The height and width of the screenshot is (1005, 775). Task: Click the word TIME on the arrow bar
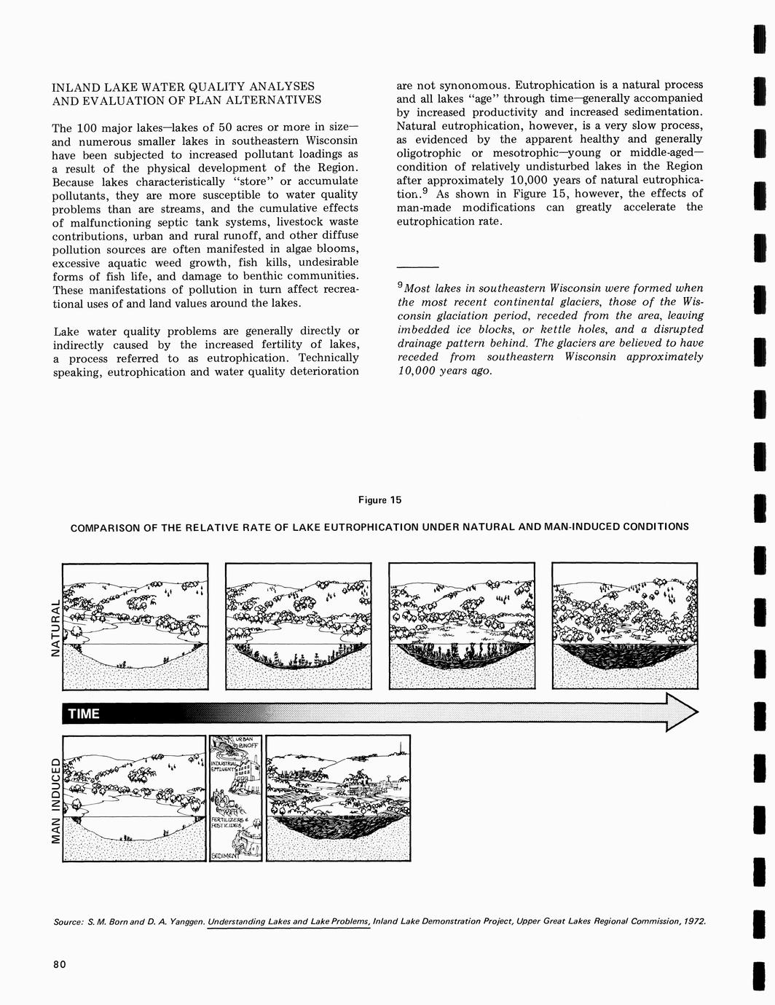83,714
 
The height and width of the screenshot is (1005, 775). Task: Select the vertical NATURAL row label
53,628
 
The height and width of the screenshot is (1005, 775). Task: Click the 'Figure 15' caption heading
379,500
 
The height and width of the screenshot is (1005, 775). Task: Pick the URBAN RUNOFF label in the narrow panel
246,742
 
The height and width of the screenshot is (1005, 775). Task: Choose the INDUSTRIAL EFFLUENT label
223,766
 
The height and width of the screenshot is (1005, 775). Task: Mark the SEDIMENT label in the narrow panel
224,856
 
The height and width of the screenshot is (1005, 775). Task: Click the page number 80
59,965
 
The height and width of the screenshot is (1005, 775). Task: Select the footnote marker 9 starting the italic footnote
400,285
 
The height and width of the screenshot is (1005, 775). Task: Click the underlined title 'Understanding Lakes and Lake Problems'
289,921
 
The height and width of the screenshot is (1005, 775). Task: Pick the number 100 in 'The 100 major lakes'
85,127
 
